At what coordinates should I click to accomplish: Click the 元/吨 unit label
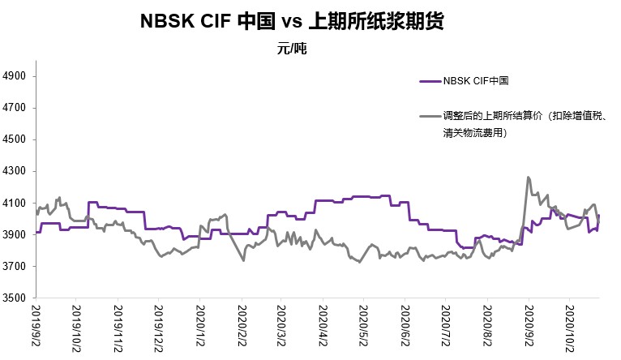pos(292,49)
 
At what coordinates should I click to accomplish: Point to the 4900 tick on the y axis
pos(16,76)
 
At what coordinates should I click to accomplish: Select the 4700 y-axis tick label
pos(16,108)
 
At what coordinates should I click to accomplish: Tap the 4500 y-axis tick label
pos(16,139)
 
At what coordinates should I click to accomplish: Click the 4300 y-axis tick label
pos(16,172)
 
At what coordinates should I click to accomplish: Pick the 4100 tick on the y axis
pos(16,204)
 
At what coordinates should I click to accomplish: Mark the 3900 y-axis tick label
pos(16,235)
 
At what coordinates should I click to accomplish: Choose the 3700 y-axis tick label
pos(16,267)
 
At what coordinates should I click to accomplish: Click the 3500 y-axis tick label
pos(16,298)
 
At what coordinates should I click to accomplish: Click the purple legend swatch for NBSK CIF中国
pos(430,80)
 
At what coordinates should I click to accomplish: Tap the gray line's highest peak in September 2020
pos(529,177)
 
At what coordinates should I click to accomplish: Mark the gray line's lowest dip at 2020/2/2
pos(243,260)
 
